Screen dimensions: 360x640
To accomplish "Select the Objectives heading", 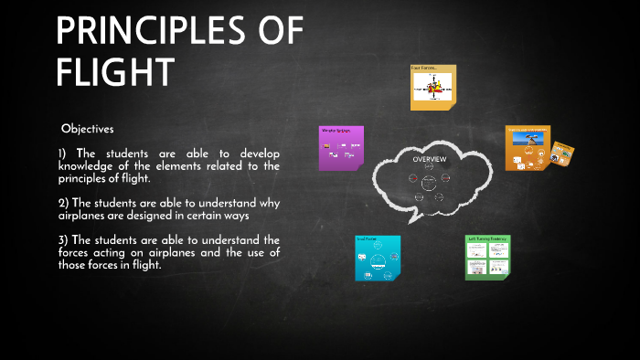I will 88,129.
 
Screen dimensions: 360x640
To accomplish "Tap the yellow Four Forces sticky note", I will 432,88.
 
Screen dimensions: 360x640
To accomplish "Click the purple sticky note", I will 341,148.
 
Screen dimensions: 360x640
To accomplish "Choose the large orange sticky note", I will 528,148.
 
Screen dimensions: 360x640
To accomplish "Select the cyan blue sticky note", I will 376,258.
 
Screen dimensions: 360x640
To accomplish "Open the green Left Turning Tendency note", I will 487,257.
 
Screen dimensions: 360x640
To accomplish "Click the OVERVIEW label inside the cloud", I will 429,160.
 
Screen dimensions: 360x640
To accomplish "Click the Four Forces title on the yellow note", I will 424,69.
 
